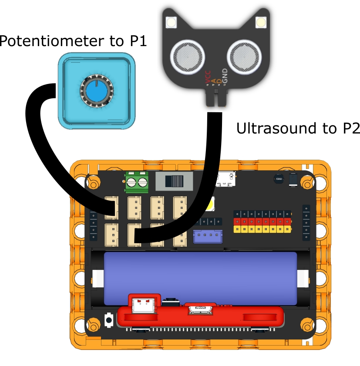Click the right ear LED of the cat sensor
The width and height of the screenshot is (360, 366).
(261, 21)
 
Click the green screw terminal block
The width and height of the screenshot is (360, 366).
(138, 181)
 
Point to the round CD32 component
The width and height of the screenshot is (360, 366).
(277, 178)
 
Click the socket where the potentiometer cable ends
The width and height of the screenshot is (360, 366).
(112, 207)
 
